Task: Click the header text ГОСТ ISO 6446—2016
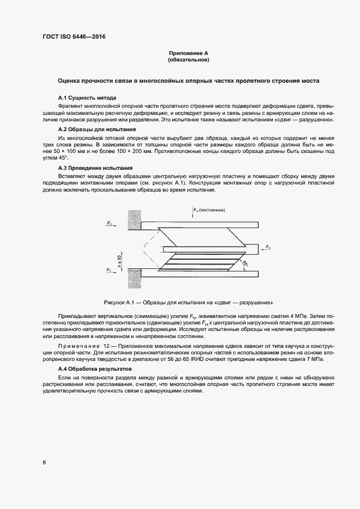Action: click(74, 37)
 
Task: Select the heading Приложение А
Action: click(188, 53)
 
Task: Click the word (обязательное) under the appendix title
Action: click(188, 59)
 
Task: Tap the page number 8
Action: click(44, 463)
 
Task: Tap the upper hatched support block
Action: click(134, 221)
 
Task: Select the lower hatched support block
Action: click(134, 278)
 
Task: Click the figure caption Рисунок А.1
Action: click(188, 302)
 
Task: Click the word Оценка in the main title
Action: click(71, 81)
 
